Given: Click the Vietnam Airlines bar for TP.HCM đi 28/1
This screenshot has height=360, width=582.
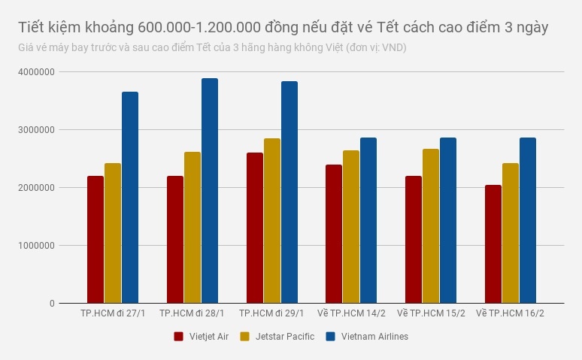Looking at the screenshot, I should pyautogui.click(x=210, y=191).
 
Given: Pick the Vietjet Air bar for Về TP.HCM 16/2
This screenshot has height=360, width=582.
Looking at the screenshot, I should pyautogui.click(x=493, y=244).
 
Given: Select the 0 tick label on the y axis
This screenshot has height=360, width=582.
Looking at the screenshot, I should pyautogui.click(x=52, y=304).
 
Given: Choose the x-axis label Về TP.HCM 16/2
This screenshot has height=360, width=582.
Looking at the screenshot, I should pyautogui.click(x=511, y=313).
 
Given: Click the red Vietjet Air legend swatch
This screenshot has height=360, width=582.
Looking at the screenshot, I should pyautogui.click(x=179, y=337).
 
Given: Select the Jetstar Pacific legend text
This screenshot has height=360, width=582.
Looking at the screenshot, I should pyautogui.click(x=285, y=337).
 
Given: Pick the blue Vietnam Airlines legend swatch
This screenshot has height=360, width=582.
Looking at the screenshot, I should pyautogui.click(x=330, y=337).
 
